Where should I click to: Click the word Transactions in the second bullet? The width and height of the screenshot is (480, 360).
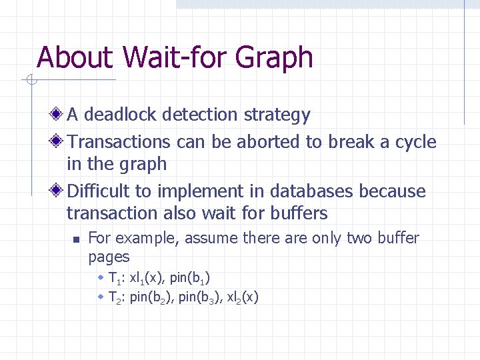(119, 142)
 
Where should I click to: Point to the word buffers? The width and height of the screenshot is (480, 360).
(299, 213)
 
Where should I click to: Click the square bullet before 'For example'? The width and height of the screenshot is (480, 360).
(77, 239)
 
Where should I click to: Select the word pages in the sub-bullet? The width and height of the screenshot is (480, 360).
(109, 256)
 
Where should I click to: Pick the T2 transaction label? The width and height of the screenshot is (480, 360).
(115, 297)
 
